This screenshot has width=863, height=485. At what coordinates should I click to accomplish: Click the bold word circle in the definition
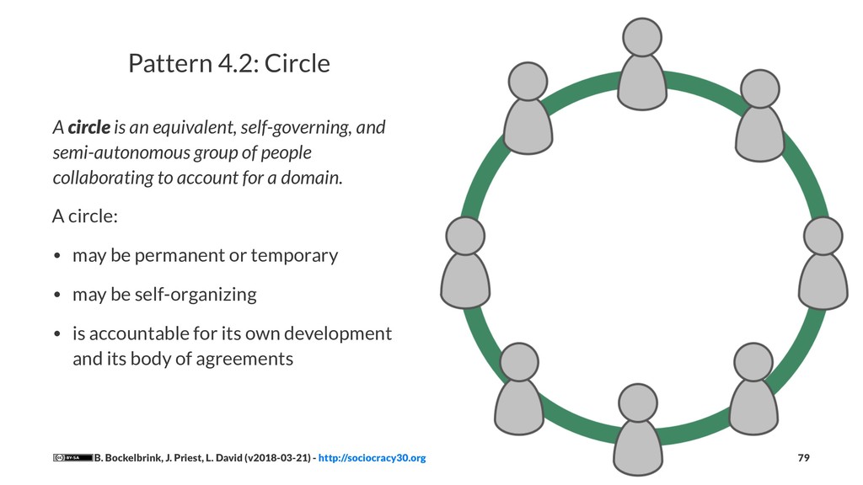point(88,128)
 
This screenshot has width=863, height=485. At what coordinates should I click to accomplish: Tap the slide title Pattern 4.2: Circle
point(228,63)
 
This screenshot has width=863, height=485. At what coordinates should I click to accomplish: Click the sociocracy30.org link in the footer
point(372,458)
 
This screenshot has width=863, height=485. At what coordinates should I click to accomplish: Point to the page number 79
point(803,458)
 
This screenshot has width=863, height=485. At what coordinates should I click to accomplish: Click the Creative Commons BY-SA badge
point(72,458)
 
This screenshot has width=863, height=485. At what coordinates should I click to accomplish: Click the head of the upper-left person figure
point(528,82)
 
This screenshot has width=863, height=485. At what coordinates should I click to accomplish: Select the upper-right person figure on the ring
point(759,118)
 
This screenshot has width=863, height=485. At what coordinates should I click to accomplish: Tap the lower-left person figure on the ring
point(518,392)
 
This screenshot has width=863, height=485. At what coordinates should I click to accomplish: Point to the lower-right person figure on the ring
point(753,392)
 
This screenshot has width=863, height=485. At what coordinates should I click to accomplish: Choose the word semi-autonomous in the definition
point(109,153)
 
